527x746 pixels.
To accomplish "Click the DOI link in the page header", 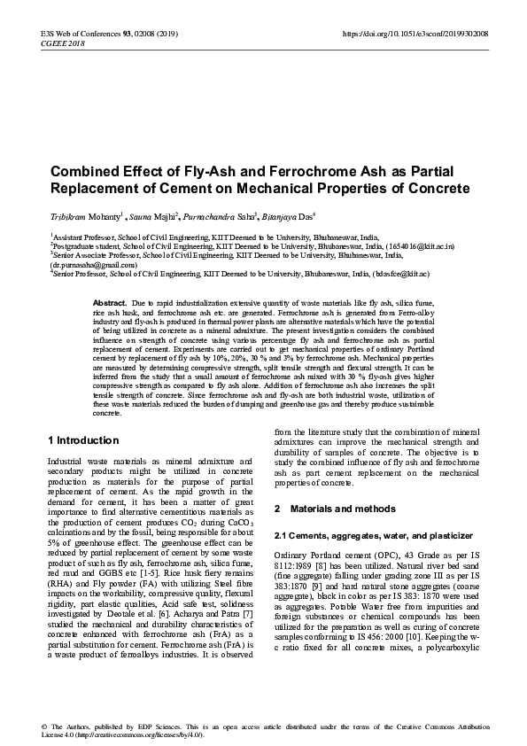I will tap(415, 34).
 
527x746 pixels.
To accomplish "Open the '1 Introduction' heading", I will tap(82, 440).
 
